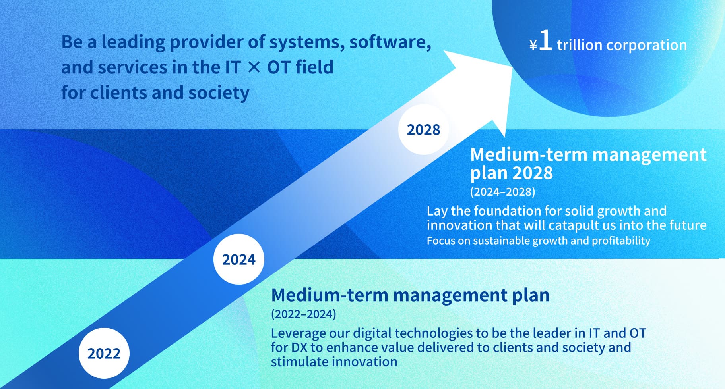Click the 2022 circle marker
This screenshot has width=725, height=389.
coord(104,353)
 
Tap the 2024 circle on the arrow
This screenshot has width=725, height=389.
coord(238,259)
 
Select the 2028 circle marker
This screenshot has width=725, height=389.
coord(424,129)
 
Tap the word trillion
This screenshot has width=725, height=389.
coord(580,45)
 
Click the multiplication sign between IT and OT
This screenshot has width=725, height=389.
coord(254,67)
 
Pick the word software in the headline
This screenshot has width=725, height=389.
coord(390,42)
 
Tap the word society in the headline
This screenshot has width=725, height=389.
coord(219,93)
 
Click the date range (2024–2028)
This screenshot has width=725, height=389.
coord(502,192)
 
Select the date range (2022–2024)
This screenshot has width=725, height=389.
coord(303,314)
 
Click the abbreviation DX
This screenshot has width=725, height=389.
coord(299,347)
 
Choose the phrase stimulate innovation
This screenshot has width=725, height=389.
coord(334,362)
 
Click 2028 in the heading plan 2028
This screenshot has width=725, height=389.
coord(532,173)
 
